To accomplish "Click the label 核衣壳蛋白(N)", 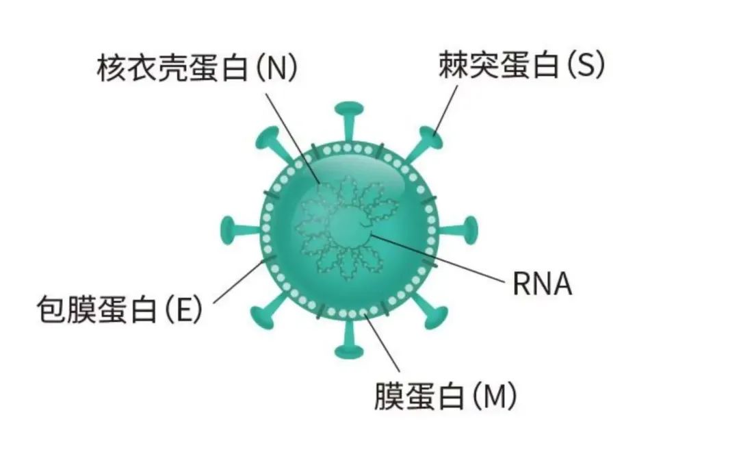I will [x=198, y=68].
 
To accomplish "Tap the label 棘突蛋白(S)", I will [x=521, y=66].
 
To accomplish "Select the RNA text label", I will [x=542, y=284].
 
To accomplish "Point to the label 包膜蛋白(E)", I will [x=120, y=310].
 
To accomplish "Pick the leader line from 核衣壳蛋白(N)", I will [x=291, y=134].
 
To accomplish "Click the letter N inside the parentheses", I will [x=276, y=68].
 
